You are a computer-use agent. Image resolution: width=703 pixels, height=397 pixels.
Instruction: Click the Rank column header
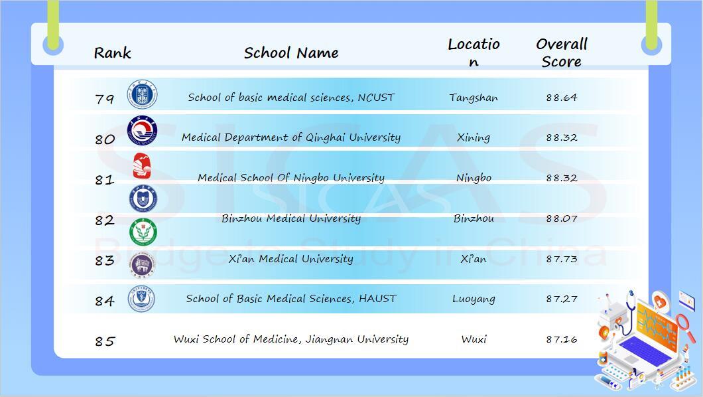112,53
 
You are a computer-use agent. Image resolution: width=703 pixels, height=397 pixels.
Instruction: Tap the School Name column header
291,53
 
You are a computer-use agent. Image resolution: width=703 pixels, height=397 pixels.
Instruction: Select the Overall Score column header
561,52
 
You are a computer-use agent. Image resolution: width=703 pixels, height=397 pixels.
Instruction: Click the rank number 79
105,98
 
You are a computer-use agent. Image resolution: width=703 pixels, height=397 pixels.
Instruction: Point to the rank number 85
105,341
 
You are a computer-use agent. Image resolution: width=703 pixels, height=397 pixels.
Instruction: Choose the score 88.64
561,98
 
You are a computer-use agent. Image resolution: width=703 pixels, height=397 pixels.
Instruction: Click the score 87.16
561,339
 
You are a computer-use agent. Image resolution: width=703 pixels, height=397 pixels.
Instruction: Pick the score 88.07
561,218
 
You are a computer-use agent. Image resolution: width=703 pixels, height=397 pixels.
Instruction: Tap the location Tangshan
474,98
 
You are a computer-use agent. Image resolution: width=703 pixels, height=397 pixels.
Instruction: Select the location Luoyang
474,299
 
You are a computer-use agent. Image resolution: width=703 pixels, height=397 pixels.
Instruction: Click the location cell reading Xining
474,137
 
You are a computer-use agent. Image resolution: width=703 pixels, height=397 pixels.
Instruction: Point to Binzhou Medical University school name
291,218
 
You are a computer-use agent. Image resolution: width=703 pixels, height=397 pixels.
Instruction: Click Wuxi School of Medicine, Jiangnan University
291,339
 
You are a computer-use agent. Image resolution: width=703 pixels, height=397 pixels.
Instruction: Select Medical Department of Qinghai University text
291,137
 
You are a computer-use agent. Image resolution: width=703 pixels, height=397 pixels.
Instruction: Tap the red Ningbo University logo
142,165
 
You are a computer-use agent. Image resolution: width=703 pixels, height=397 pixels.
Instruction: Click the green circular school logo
143,232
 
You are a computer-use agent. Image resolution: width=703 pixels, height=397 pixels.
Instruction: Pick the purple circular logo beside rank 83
142,265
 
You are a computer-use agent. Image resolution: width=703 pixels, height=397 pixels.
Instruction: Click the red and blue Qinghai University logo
142,131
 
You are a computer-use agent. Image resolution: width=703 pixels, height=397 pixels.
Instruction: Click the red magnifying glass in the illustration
684,327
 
